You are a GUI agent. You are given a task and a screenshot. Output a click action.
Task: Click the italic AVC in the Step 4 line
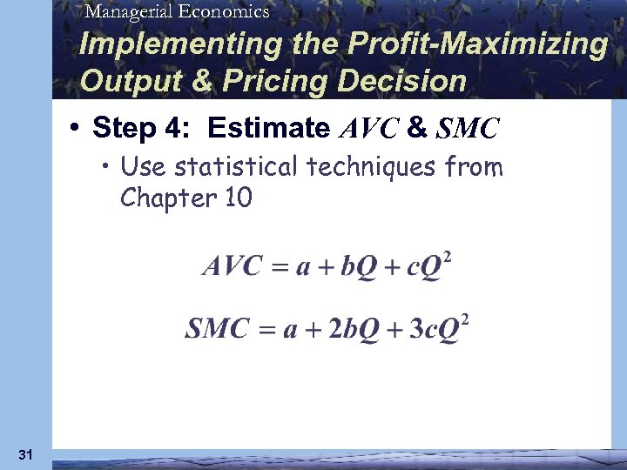coord(367,130)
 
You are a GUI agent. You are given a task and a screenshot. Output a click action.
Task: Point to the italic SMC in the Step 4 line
coord(467,130)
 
